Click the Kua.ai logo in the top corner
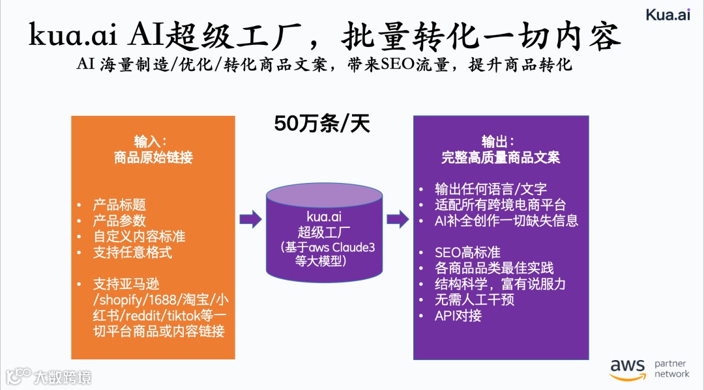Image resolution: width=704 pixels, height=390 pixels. point(667,15)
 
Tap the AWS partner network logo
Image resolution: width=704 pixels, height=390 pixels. point(649,369)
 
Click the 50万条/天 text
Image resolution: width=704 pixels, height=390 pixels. point(322,124)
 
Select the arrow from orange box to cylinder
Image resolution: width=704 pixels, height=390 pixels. point(250,219)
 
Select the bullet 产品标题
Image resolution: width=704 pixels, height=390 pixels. point(119,205)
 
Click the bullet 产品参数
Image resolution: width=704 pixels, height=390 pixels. point(119,221)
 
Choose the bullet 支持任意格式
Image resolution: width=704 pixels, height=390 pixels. point(132,252)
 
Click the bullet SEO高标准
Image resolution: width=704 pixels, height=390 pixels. point(467,253)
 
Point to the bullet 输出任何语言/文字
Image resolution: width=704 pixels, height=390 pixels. point(491,189)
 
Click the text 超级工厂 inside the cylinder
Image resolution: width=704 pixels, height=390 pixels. point(324,232)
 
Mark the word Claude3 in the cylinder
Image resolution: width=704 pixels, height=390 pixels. point(354,248)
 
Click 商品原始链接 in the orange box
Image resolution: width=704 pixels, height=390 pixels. point(153,158)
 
